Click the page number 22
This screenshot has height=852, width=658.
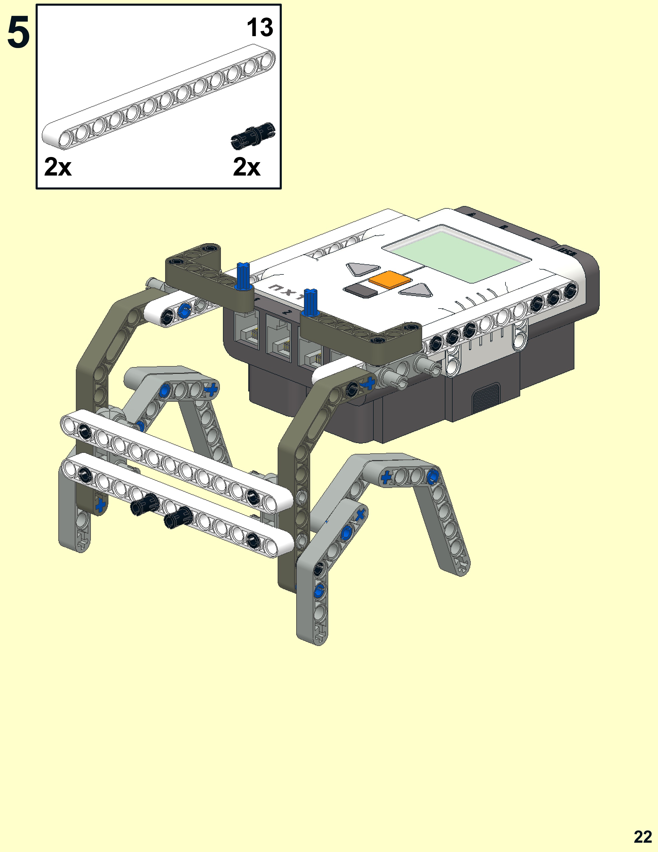point(643,837)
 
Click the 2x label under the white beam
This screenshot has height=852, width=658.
point(58,167)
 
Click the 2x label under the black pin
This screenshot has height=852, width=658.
point(246,167)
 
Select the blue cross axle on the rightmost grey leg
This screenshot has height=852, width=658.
point(386,477)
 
